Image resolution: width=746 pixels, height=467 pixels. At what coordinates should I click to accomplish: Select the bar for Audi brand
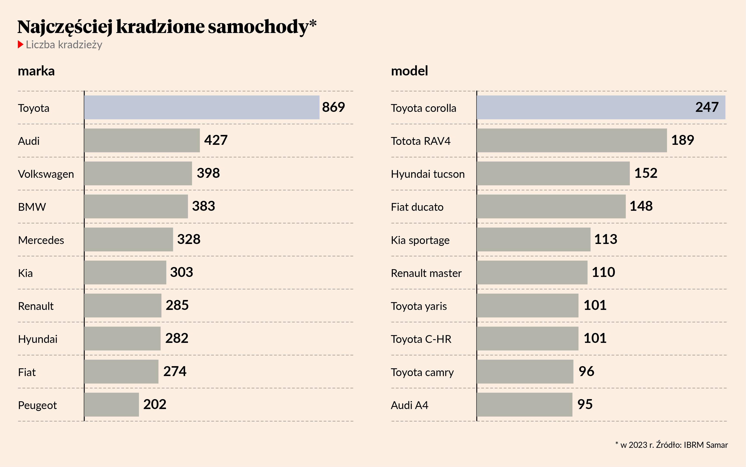point(142,140)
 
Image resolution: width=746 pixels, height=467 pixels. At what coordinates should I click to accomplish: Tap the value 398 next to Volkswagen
point(208,173)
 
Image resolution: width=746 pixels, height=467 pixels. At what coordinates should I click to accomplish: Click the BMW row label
point(32,207)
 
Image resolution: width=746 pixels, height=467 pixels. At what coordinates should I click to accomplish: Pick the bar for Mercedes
point(129,239)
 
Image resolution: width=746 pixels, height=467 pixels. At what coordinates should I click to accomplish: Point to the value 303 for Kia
point(181,272)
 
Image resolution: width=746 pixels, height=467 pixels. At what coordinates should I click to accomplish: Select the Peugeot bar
point(112,404)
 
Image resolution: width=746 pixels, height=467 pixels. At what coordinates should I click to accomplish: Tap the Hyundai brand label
point(38,339)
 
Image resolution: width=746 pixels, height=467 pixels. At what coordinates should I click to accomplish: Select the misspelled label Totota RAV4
point(421,141)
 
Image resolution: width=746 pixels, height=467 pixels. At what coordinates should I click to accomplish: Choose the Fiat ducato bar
point(551,206)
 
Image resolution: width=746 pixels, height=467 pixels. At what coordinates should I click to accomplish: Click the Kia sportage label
point(420,240)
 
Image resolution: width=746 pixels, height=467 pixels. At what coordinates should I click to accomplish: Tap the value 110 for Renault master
point(603,272)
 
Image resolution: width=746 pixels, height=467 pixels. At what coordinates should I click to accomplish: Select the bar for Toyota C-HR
point(527,339)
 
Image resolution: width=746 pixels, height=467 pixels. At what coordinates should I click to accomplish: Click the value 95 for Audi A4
point(585,404)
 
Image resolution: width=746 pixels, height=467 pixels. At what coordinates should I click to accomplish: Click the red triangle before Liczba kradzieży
point(20,44)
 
